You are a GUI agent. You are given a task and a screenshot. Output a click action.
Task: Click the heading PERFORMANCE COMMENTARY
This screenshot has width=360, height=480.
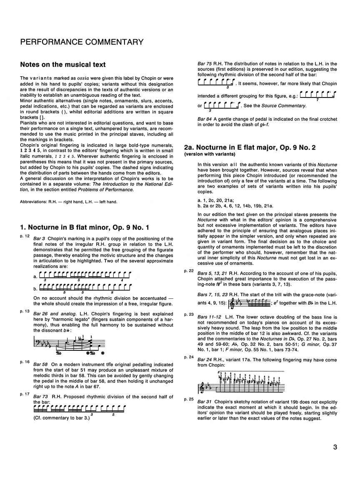pos(82,42)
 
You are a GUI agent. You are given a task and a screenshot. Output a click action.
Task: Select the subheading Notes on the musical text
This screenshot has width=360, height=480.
pos(63,65)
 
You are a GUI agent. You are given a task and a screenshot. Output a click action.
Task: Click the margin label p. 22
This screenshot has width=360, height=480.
pos(188,271)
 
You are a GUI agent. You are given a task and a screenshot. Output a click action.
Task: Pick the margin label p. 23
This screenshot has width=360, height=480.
pos(188,314)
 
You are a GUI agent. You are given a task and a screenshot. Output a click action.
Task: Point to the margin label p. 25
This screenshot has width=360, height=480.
pos(188,399)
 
